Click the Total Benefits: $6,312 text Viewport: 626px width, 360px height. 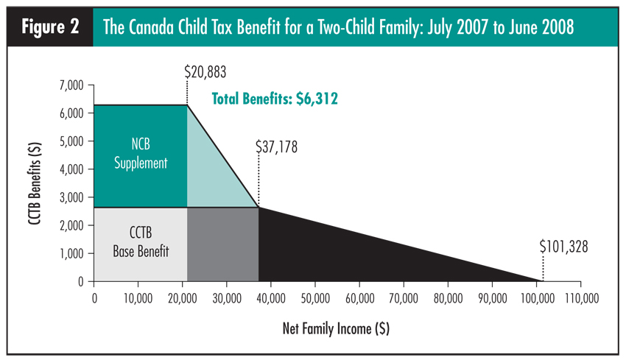point(275,98)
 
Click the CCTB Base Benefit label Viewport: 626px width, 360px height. point(141,244)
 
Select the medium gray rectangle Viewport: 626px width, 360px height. point(222,244)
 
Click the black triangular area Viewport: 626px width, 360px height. point(324,250)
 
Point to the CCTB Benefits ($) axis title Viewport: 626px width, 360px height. point(35,183)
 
